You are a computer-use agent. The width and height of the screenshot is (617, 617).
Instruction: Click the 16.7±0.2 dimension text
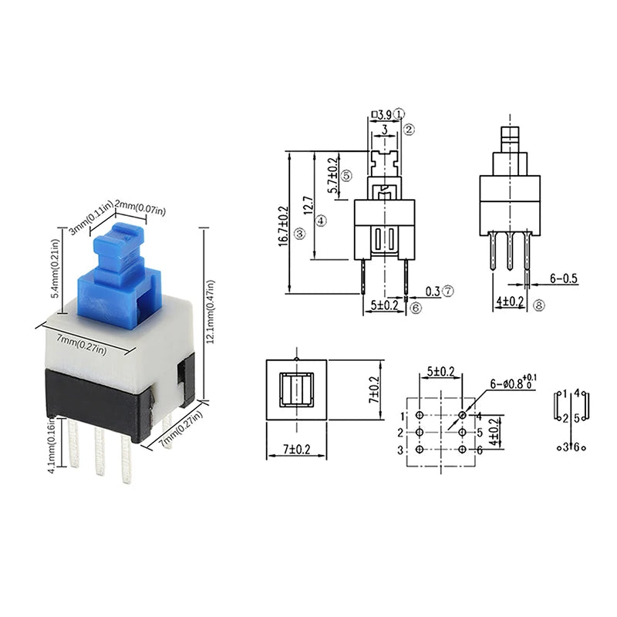pos(283,224)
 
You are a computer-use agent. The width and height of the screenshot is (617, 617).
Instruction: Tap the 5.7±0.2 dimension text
pos(333,175)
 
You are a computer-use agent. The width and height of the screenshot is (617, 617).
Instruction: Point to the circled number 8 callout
pos(538,306)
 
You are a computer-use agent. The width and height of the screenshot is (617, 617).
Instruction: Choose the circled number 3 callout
pos(300,233)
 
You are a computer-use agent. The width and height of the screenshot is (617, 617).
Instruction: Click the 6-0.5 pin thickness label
pos(564,278)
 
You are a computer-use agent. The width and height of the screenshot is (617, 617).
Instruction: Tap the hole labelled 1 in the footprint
pos(419,416)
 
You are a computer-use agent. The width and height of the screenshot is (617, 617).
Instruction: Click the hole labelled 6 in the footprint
pos(463,450)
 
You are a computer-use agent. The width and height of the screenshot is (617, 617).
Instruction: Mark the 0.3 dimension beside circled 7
pos(433,292)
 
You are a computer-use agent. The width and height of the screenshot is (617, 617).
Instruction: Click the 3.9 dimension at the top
pos(386,115)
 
